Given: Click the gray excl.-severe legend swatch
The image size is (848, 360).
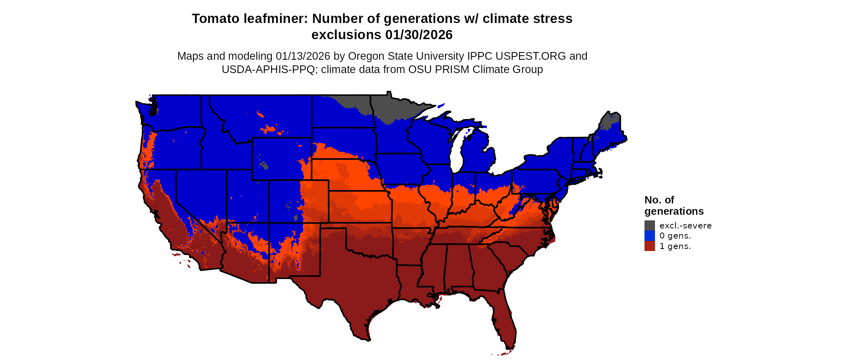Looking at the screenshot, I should [x=649, y=225].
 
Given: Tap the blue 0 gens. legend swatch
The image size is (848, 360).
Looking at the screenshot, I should [x=649, y=236].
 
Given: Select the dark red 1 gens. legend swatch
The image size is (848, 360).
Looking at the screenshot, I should [x=649, y=246].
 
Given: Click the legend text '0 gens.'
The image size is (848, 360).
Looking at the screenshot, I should [x=675, y=236].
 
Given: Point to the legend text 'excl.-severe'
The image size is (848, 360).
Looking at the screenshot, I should [x=685, y=226].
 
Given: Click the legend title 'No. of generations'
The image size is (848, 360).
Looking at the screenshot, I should [x=674, y=205].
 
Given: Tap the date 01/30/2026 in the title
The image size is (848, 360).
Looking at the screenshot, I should [x=419, y=35].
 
